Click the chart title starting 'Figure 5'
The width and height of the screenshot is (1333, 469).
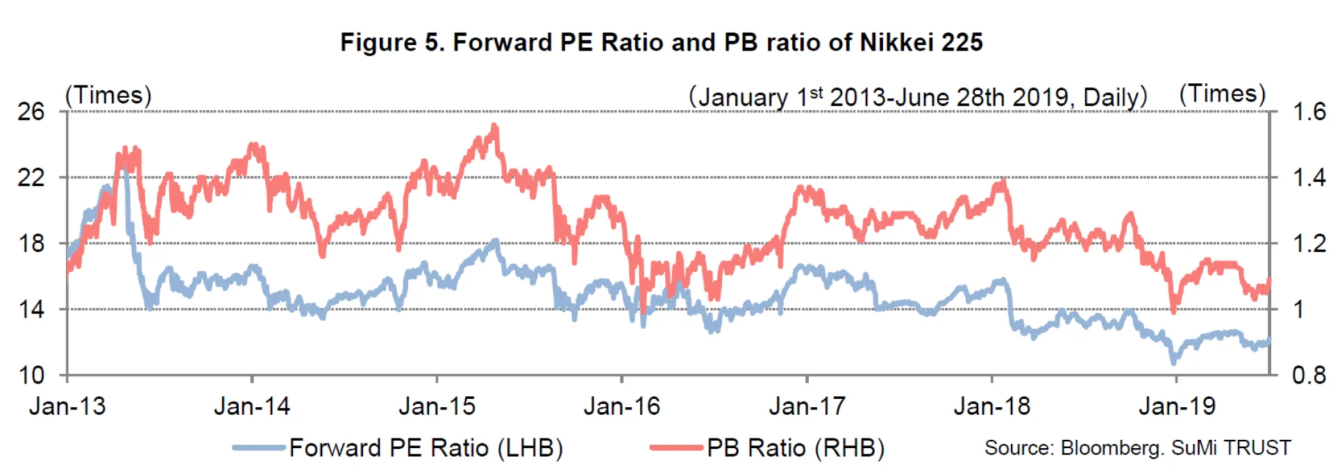661,42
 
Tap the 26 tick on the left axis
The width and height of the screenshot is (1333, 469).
31,112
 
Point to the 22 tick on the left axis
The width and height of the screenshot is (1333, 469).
31,178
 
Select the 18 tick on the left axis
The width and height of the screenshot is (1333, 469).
31,244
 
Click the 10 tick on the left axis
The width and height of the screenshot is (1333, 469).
31,375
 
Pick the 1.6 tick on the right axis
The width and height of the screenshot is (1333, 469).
1309,112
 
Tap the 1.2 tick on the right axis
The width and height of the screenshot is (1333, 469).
1309,244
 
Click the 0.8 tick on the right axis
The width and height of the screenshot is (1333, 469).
1309,375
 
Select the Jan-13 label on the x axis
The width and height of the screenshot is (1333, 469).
67,406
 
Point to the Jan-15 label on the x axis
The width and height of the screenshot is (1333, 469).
437,406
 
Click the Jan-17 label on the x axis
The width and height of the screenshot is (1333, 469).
807,406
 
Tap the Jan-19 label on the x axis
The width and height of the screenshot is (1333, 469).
1177,406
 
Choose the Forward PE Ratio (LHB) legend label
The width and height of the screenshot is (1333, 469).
426,447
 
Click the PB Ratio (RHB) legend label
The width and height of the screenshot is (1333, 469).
796,447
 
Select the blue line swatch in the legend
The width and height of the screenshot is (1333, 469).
259,447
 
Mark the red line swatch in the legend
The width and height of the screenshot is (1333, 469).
676,447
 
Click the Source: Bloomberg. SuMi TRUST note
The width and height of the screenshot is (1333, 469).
1137,447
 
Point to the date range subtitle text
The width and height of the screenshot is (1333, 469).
917,97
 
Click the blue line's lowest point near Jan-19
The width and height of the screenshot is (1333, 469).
1174,361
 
